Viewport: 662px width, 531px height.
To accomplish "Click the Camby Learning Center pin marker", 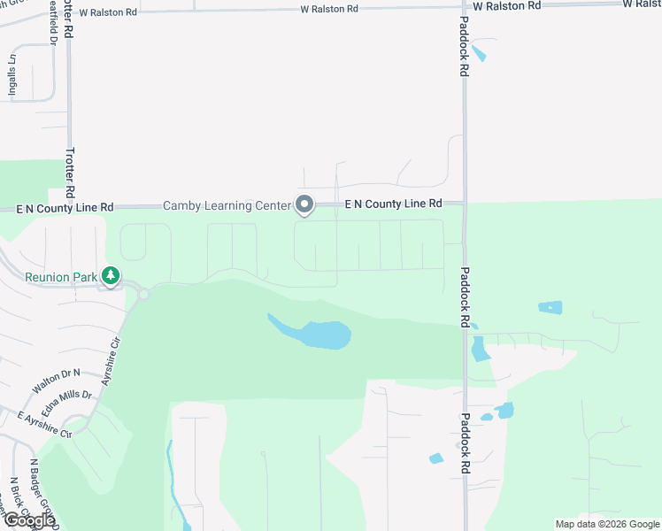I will [304, 205].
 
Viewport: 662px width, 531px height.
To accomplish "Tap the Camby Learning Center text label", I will [227, 206].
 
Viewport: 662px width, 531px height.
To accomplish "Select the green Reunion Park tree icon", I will [111, 277].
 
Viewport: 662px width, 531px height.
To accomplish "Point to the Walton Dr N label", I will [56, 382].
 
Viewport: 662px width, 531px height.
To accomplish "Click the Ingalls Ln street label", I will [12, 78].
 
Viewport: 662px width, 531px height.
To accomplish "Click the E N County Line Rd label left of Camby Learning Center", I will [65, 207].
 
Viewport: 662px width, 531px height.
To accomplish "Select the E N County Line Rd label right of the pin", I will [392, 204].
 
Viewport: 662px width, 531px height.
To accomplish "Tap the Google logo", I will [28, 520].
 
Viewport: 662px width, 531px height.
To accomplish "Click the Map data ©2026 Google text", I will [606, 524].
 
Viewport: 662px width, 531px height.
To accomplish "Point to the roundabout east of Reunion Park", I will [143, 295].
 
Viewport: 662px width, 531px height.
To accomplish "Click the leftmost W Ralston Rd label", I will [108, 13].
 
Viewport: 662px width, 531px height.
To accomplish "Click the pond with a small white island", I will [550, 308].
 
